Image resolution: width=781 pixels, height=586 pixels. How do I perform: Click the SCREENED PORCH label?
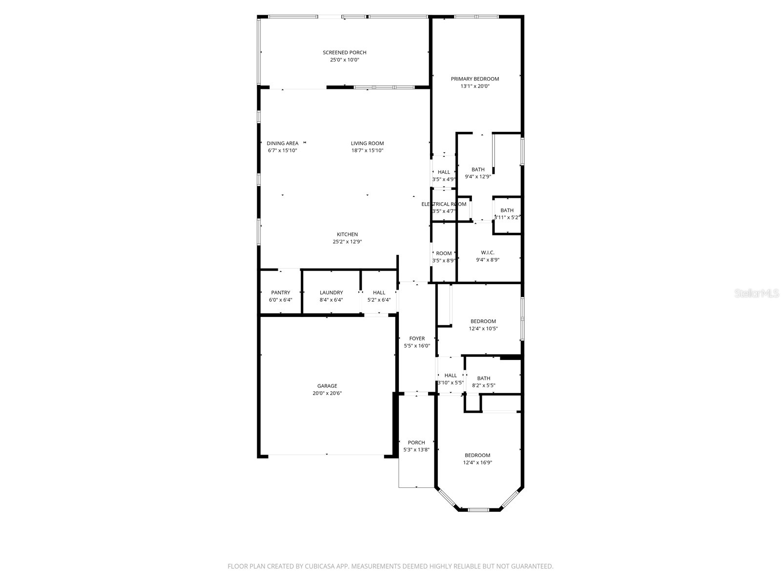[x=344, y=52]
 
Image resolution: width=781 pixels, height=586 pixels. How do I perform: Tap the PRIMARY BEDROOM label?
[x=474, y=79]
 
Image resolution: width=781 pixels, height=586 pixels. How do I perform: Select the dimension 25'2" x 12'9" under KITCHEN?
[x=347, y=242]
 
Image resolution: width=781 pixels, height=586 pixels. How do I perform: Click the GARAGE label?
[x=327, y=386]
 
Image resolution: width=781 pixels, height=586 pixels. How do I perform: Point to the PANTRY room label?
[x=281, y=293]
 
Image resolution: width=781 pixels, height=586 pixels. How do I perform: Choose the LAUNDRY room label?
[x=331, y=293]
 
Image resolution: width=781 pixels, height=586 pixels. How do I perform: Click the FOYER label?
[x=417, y=338]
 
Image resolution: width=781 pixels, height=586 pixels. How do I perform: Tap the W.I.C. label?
[x=488, y=252]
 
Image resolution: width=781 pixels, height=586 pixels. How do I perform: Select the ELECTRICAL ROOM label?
[x=444, y=204]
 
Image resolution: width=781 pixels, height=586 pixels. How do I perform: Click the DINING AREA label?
[x=282, y=143]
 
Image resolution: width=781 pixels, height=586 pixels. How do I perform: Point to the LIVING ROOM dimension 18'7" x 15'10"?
[x=367, y=150]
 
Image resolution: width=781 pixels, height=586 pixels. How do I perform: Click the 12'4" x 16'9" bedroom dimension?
[x=477, y=462]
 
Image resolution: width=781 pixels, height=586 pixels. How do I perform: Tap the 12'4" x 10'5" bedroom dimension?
[x=483, y=329]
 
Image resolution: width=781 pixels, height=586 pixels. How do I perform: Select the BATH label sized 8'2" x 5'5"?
[x=484, y=378]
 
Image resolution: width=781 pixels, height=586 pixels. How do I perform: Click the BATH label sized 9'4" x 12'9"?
[x=478, y=169]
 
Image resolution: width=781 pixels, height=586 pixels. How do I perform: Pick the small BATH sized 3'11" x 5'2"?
[x=507, y=210]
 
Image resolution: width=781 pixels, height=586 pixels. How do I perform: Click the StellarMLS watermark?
[x=757, y=293]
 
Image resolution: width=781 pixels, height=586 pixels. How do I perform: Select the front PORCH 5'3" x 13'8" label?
[x=416, y=442]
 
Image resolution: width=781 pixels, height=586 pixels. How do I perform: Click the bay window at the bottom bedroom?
[x=478, y=509]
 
